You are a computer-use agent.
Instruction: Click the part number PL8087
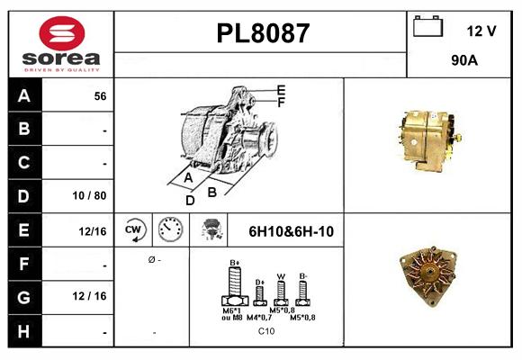tap(262, 33)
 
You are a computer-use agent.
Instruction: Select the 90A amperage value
tap(464, 62)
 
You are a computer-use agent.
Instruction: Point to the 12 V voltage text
tap(481, 31)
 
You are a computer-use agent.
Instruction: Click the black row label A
tap(24, 95)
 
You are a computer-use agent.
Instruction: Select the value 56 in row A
tap(100, 95)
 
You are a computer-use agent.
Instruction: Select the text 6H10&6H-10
tap(291, 231)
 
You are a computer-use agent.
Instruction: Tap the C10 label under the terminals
tap(266, 332)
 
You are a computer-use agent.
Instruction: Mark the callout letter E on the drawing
tap(281, 90)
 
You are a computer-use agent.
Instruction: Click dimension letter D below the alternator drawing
tap(190, 201)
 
